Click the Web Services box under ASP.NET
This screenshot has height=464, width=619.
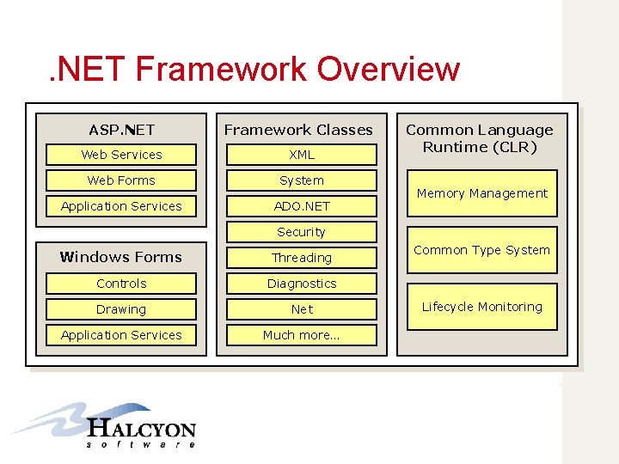[121, 155]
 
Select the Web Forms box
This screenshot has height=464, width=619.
[121, 180]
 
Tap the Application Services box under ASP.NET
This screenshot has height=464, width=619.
[121, 206]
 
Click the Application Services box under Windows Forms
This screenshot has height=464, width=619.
[121, 335]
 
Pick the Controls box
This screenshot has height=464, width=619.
[121, 284]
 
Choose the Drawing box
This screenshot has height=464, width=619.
[121, 309]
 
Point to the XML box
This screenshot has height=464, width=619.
[301, 155]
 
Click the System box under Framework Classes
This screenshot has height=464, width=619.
[301, 180]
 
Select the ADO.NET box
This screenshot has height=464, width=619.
[301, 206]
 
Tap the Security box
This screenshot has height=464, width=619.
[301, 232]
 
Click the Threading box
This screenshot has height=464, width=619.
[301, 258]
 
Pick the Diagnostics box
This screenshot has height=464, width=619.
[301, 284]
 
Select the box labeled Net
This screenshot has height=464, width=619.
[301, 309]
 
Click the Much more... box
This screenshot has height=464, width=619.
[301, 335]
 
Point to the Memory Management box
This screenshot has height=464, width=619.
[481, 193]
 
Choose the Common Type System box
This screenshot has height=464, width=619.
[481, 250]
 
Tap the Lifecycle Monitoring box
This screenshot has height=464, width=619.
[481, 307]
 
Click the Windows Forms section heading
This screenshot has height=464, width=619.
[121, 257]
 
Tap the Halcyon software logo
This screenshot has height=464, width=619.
[107, 425]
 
